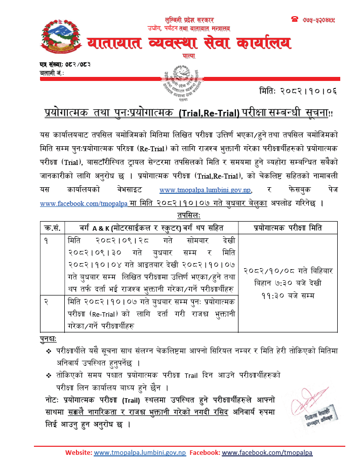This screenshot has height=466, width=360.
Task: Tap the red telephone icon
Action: (x=295, y=19)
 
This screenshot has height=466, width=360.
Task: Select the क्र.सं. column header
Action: (x=52, y=226)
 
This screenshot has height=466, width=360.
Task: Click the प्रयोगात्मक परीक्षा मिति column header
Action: (x=289, y=226)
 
